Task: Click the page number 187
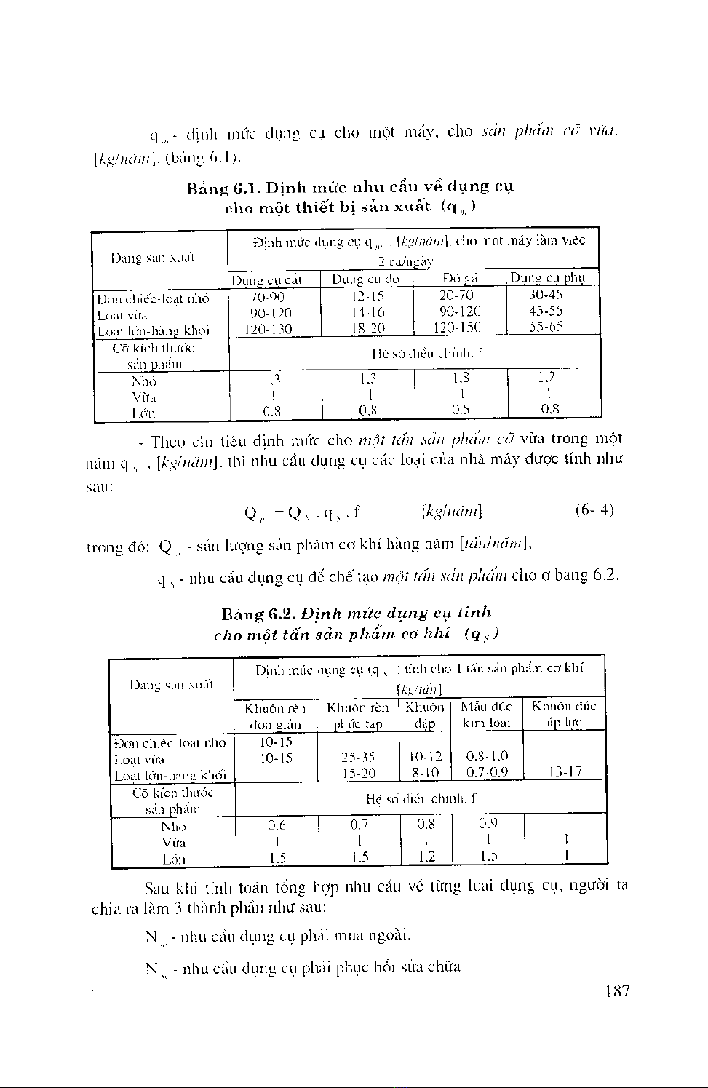(617, 990)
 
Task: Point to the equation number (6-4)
(594, 509)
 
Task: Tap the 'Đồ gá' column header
(460, 279)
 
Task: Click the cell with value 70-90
(267, 296)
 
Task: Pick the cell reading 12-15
(367, 296)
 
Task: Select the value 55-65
(546, 327)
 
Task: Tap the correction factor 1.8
(460, 378)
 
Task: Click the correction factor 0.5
(460, 409)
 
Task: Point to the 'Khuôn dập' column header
(424, 715)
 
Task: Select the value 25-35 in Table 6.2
(359, 757)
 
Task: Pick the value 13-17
(565, 772)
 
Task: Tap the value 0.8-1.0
(487, 756)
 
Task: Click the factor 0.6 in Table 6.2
(277, 825)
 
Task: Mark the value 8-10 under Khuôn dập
(425, 772)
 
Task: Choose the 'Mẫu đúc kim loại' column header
(486, 714)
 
